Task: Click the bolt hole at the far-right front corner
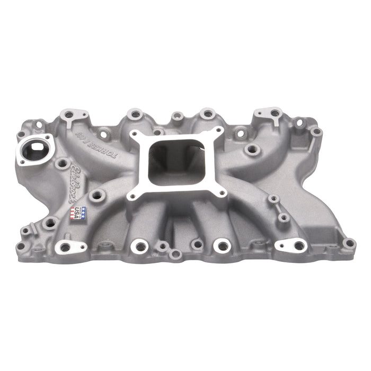[x=349, y=243]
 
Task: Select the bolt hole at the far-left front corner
[x=21, y=245]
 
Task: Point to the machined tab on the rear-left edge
[x=71, y=114]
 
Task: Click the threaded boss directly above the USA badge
[x=96, y=195]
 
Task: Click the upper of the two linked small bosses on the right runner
[x=274, y=199]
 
